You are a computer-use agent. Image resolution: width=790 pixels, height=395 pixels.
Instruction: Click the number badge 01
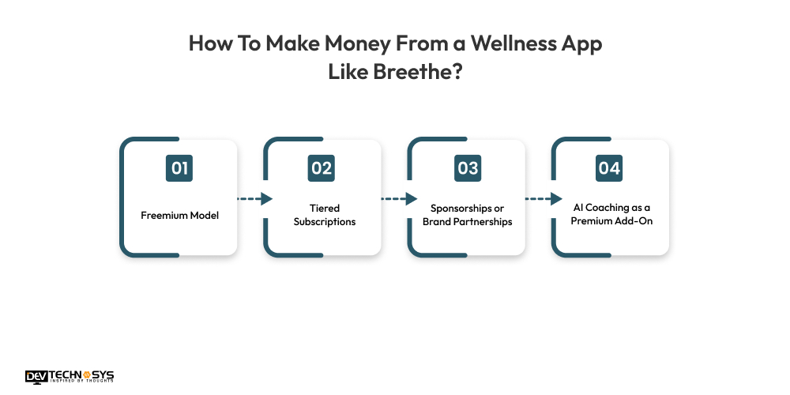pyautogui.click(x=179, y=168)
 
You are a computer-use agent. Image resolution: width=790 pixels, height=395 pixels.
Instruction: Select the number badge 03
pyautogui.click(x=468, y=168)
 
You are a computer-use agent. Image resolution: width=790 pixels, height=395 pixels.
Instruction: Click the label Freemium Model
pyautogui.click(x=179, y=215)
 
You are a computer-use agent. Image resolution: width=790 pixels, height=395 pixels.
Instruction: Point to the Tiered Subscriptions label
pyautogui.click(x=325, y=215)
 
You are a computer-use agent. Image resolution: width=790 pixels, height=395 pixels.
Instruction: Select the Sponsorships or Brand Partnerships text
pyautogui.click(x=468, y=215)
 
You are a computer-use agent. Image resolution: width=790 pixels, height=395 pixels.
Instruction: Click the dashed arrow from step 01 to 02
pyautogui.click(x=254, y=199)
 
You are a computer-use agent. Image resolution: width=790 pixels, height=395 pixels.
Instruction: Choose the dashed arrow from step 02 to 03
pyautogui.click(x=399, y=199)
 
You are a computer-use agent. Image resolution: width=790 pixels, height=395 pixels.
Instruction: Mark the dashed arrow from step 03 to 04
pyautogui.click(x=544, y=199)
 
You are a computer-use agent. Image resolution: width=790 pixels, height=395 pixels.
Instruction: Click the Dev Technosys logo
pyautogui.click(x=70, y=377)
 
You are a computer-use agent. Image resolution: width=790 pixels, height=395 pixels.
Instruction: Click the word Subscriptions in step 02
pyautogui.click(x=325, y=222)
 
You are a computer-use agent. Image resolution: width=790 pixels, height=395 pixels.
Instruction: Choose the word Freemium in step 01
pyautogui.click(x=162, y=215)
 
